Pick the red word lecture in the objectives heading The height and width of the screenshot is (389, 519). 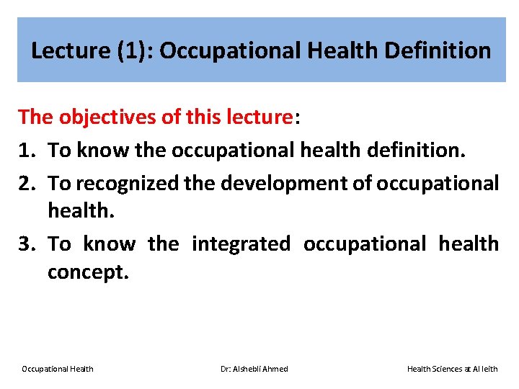(255, 117)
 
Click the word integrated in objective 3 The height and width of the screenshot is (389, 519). (241, 244)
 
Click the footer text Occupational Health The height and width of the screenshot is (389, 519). (57, 369)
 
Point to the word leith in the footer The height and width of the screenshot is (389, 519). (489, 369)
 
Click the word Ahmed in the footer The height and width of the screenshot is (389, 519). (275, 369)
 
